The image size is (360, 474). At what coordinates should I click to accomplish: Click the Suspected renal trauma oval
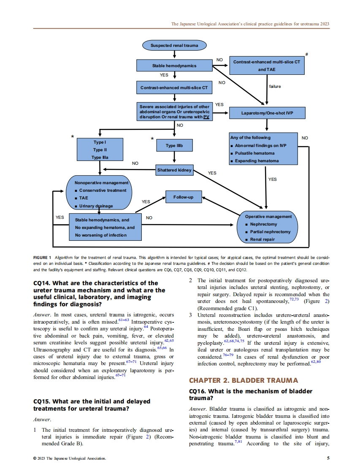(x=174, y=45)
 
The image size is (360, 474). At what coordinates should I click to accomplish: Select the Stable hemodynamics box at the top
(x=174, y=65)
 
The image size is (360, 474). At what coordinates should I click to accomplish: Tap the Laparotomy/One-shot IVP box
(x=267, y=113)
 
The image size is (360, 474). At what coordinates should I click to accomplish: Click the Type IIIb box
(x=174, y=146)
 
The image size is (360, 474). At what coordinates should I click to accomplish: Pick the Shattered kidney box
(x=174, y=170)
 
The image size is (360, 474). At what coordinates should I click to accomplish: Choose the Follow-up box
(x=183, y=197)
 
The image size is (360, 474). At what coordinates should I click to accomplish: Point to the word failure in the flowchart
(x=275, y=87)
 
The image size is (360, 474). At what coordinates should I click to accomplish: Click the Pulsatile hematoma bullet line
(x=254, y=153)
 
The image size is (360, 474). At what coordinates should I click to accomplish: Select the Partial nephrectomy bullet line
(x=270, y=232)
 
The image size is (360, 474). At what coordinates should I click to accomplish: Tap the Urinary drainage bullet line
(x=96, y=206)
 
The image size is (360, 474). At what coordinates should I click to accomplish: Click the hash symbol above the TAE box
(x=306, y=54)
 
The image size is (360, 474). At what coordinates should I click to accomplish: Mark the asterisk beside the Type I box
(x=72, y=137)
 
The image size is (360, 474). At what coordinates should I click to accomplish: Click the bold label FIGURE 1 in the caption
(x=42, y=257)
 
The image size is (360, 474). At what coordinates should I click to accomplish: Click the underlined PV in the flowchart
(x=206, y=117)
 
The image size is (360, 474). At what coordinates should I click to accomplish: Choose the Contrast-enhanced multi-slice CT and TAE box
(x=267, y=65)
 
